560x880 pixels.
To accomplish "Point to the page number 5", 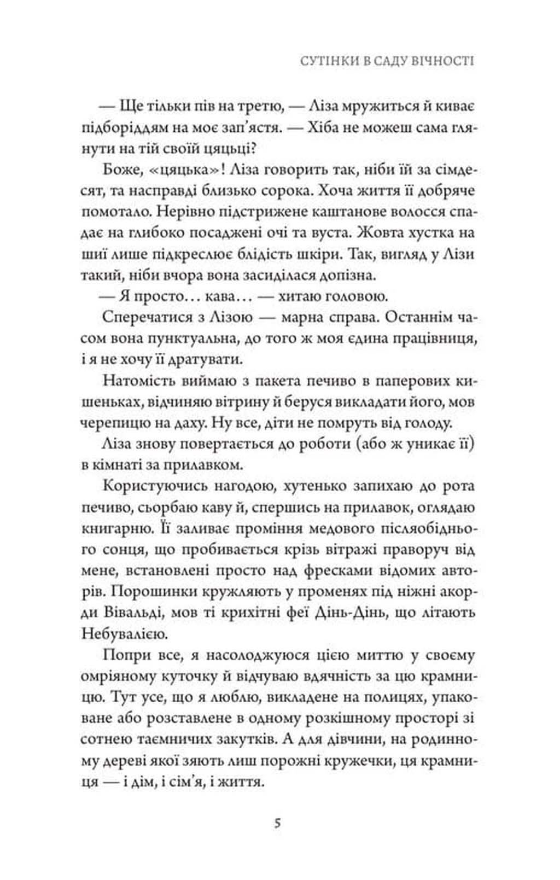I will [278, 824].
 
